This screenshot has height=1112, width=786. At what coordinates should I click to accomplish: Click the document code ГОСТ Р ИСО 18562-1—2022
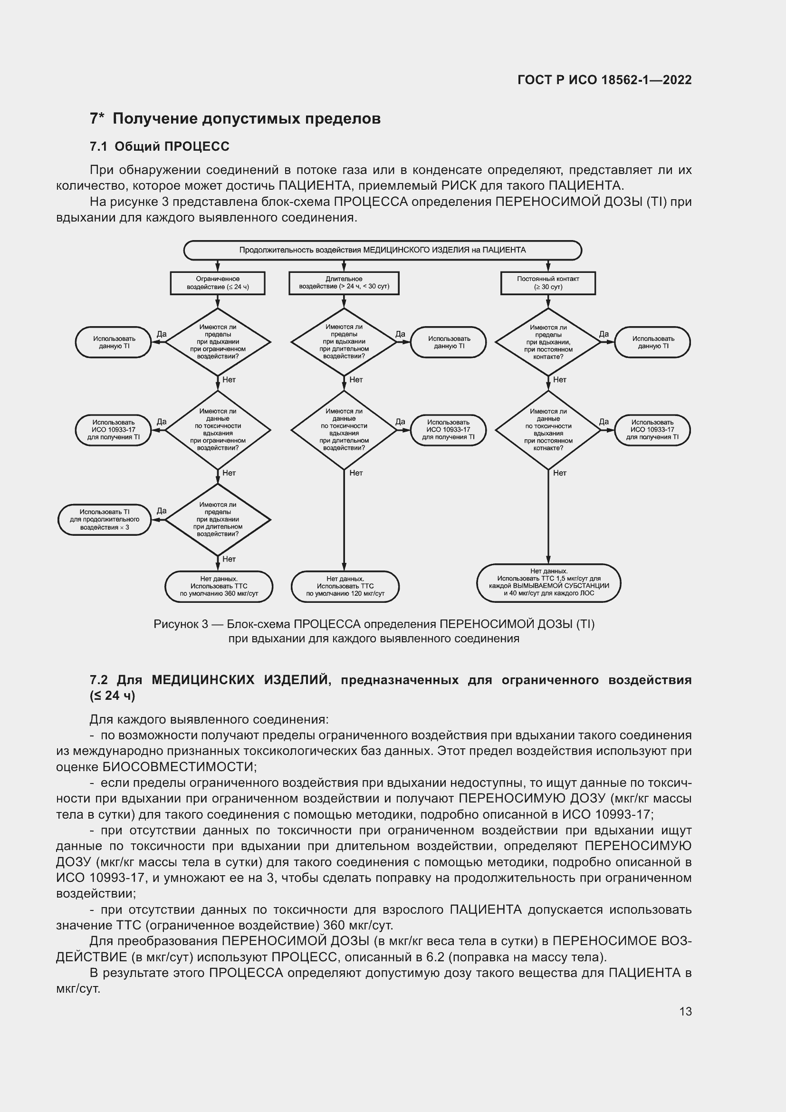pyautogui.click(x=604, y=80)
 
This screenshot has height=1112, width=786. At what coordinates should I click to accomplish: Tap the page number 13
pyautogui.click(x=685, y=1011)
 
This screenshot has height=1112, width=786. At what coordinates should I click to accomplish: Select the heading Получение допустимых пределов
pyautogui.click(x=246, y=119)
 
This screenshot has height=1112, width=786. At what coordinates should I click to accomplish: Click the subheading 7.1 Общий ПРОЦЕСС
pyautogui.click(x=159, y=146)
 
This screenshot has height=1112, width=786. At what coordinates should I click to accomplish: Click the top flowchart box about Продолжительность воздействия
pyautogui.click(x=382, y=250)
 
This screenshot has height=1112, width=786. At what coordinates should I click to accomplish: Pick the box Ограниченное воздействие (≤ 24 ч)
pyautogui.click(x=217, y=283)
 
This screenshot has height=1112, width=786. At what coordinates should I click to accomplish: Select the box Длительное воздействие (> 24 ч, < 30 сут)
pyautogui.click(x=344, y=283)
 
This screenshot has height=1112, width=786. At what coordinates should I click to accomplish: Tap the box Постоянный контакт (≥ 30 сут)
pyautogui.click(x=547, y=283)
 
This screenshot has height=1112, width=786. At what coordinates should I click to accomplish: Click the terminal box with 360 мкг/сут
pyautogui.click(x=219, y=586)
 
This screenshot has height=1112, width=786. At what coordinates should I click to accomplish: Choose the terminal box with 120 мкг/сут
pyautogui.click(x=345, y=586)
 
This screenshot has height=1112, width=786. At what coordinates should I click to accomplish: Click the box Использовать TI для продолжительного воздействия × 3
pyautogui.click(x=105, y=519)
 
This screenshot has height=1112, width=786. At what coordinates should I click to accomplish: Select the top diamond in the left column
pyautogui.click(x=217, y=342)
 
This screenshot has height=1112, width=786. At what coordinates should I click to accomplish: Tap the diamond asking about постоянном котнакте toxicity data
pyautogui.click(x=548, y=430)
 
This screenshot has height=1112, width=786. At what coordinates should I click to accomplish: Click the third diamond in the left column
pyautogui.click(x=217, y=519)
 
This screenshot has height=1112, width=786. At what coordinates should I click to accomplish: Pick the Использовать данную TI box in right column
pyautogui.click(x=652, y=342)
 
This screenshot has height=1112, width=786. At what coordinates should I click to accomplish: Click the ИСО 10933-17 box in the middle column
pyautogui.click(x=448, y=430)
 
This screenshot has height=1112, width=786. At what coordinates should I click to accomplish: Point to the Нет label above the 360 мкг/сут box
pyautogui.click(x=229, y=559)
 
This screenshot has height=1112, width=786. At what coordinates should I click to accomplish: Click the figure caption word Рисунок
pyautogui.click(x=174, y=624)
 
